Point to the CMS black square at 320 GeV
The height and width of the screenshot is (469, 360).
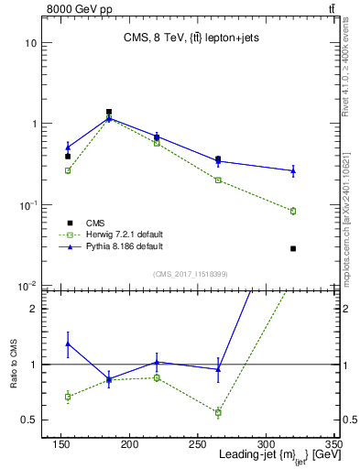tap(293, 248)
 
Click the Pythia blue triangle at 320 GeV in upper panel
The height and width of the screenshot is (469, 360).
tap(293, 170)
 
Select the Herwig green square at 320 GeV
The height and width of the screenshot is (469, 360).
tap(293, 211)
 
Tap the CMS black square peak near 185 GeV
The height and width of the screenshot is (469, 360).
tap(109, 112)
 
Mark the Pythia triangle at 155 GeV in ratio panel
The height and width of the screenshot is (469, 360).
tap(68, 344)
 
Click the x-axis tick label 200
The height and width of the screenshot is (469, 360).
tap(129, 442)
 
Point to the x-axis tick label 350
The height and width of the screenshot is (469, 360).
tap(333, 442)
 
